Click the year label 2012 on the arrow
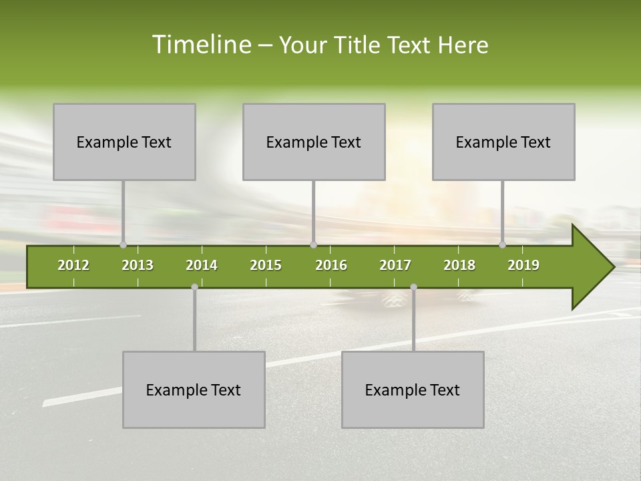click(73, 265)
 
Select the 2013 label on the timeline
click(138, 265)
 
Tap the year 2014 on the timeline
click(202, 265)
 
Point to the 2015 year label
click(266, 265)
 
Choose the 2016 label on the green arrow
click(331, 265)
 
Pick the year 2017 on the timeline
click(395, 265)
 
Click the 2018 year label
click(459, 265)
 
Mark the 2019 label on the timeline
click(523, 265)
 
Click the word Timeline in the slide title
click(200, 45)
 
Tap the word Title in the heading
click(359, 45)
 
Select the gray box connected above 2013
click(124, 142)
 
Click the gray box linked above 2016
click(314, 142)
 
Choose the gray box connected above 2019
click(503, 142)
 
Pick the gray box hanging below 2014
click(194, 389)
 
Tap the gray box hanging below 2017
click(413, 389)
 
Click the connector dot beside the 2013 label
click(123, 245)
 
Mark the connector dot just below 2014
click(194, 287)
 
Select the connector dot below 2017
click(413, 287)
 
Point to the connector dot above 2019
click(503, 245)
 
